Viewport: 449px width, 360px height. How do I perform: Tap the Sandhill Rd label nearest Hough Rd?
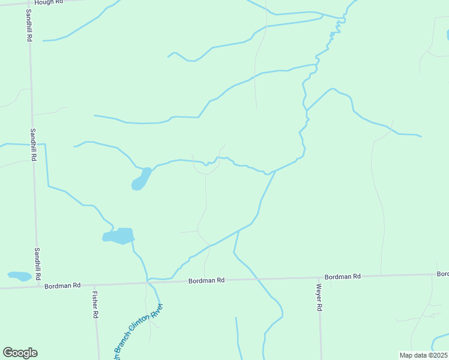pyautogui.click(x=29, y=25)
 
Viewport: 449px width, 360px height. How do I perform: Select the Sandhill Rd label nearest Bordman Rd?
pyautogui.click(x=37, y=264)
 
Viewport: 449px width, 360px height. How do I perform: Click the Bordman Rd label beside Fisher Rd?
pyautogui.click(x=62, y=286)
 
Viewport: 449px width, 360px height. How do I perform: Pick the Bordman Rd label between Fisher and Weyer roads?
pyautogui.click(x=206, y=280)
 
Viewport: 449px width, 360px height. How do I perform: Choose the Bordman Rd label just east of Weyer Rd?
pyautogui.click(x=342, y=277)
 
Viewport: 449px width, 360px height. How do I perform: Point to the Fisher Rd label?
pyautogui.click(x=95, y=304)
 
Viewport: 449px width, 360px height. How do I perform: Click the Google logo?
pyautogui.click(x=20, y=353)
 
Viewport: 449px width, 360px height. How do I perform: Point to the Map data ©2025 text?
pyautogui.click(x=424, y=355)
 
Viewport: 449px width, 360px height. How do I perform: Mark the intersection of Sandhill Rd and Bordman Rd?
pyautogui.click(x=40, y=287)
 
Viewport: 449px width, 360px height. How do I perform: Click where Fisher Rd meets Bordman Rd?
pyautogui.click(x=94, y=285)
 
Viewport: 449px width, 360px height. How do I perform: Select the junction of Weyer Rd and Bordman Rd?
pyautogui.click(x=319, y=278)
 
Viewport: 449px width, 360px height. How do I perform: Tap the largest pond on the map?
pyautogui.click(x=119, y=236)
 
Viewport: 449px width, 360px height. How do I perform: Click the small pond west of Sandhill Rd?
pyautogui.click(x=19, y=276)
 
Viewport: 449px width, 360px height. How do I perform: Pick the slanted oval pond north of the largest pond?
pyautogui.click(x=142, y=179)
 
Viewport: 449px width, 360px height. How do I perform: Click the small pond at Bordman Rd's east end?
pyautogui.click(x=444, y=274)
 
